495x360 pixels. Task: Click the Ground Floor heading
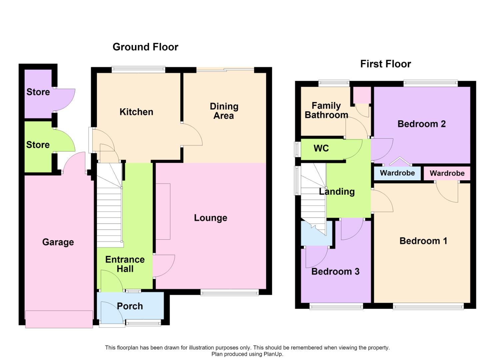[145, 47]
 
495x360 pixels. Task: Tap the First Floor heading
[386, 64]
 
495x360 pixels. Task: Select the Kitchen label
[136, 112]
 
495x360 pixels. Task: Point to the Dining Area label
[224, 111]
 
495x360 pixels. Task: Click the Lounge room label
[211, 218]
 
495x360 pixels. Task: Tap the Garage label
[58, 242]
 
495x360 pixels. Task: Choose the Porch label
[130, 306]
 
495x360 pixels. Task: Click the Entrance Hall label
[125, 264]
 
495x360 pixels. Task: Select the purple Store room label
[38, 92]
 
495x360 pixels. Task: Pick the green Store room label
[38, 145]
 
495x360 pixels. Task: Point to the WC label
[321, 148]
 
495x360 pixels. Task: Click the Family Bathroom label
[326, 110]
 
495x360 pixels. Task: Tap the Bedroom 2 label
[421, 124]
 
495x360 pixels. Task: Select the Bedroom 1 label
[423, 241]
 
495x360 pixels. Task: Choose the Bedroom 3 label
[335, 271]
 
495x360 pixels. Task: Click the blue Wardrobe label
[397, 173]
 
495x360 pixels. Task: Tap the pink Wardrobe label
[447, 173]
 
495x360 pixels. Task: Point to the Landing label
[337, 192]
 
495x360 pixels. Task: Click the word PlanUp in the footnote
[273, 354]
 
